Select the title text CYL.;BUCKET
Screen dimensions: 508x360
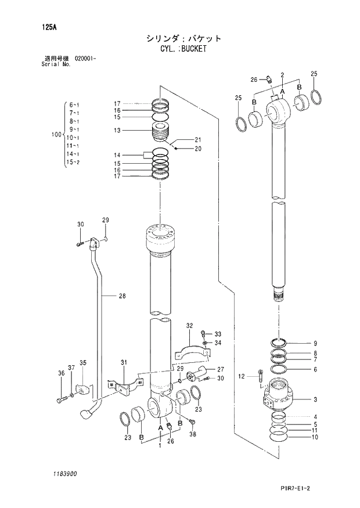pyautogui.click(x=183, y=49)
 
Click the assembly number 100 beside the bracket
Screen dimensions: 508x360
pyautogui.click(x=56, y=135)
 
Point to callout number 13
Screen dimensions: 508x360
pyautogui.click(x=117, y=131)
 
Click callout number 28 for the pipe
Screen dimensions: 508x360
pyautogui.click(x=122, y=296)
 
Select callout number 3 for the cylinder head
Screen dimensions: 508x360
pyautogui.click(x=315, y=399)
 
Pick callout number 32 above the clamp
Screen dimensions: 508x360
pyautogui.click(x=189, y=326)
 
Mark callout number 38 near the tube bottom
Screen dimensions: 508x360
pyautogui.click(x=193, y=434)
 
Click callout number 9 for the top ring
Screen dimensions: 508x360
pyautogui.click(x=315, y=343)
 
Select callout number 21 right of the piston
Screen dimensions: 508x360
pyautogui.click(x=197, y=139)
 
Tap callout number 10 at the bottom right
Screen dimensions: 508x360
pyautogui.click(x=315, y=437)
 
